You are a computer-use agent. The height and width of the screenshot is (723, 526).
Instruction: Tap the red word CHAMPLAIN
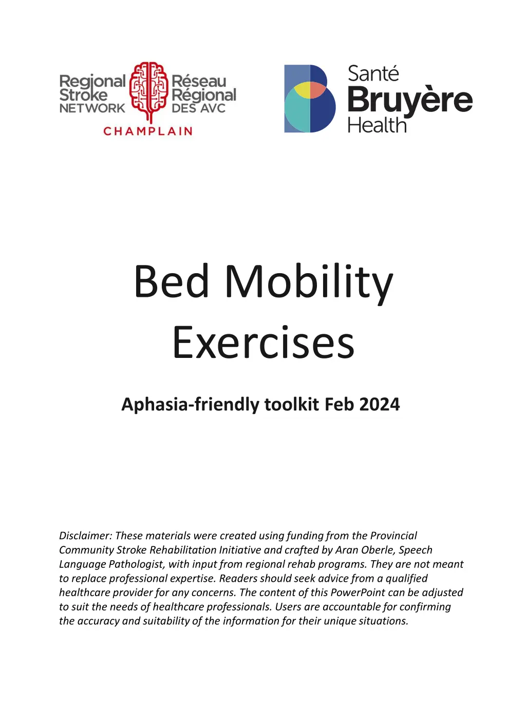(x=148, y=131)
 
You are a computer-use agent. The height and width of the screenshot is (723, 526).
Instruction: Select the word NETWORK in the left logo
(x=92, y=108)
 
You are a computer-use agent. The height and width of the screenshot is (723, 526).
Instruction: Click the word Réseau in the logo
(x=199, y=81)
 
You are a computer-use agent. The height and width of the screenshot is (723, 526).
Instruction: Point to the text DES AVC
(x=198, y=108)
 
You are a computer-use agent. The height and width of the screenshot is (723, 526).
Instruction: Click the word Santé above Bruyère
(x=373, y=74)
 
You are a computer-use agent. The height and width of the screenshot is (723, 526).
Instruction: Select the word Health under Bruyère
(x=377, y=125)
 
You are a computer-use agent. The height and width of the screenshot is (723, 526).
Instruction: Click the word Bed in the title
(x=172, y=281)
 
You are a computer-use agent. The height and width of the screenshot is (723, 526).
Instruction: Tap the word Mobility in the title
(x=309, y=281)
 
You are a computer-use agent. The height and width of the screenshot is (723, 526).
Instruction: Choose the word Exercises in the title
(x=263, y=343)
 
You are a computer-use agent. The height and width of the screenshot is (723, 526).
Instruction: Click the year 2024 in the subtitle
(x=380, y=405)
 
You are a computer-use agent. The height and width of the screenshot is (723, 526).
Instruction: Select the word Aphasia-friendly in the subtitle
(x=191, y=405)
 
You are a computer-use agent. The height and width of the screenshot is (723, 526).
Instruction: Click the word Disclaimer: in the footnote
(x=85, y=536)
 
